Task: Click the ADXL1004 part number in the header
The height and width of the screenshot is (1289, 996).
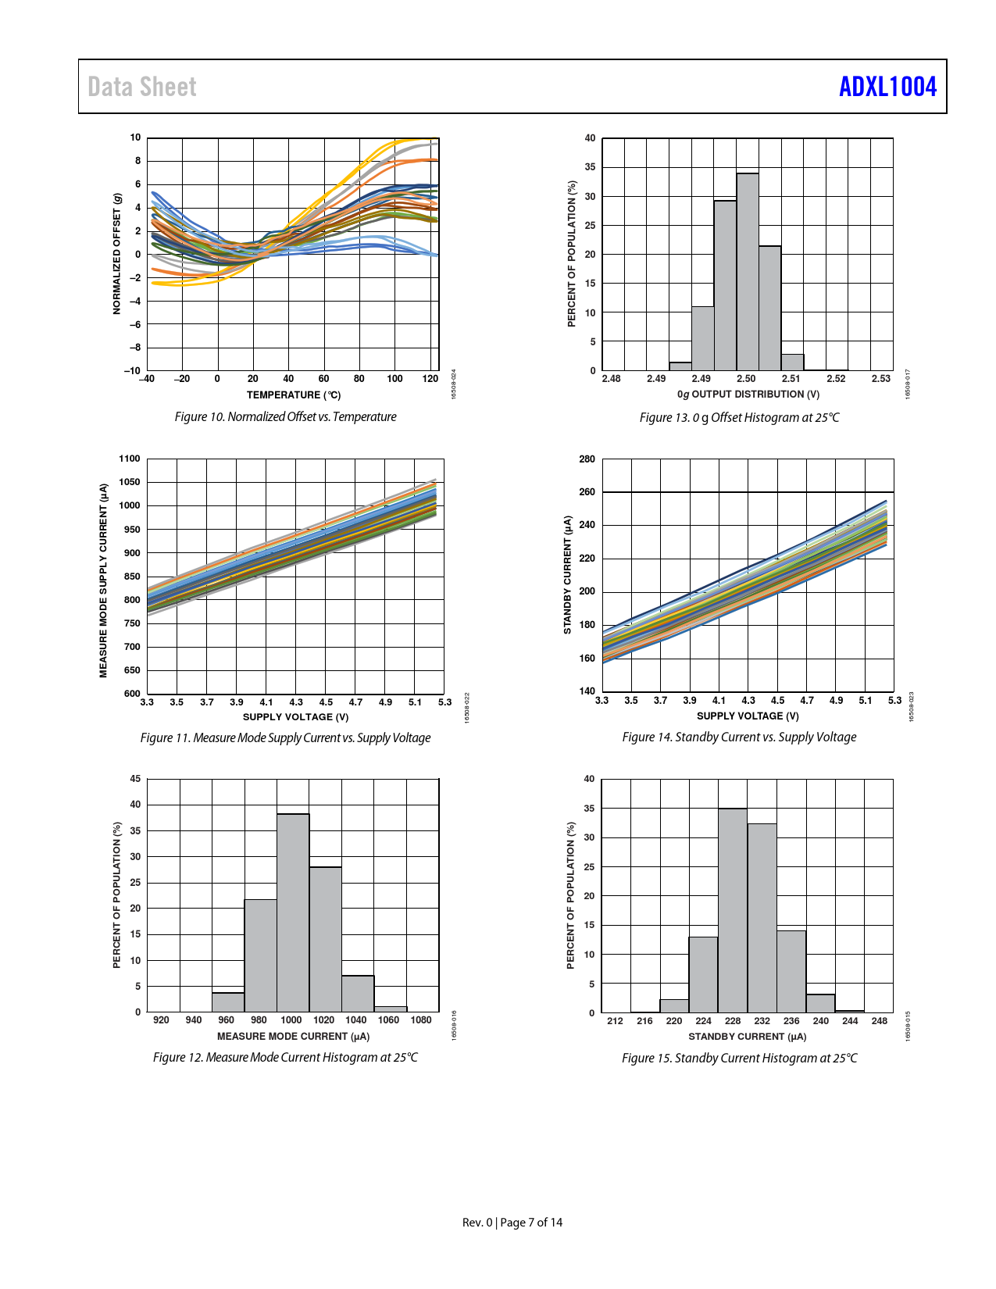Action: pyautogui.click(x=887, y=87)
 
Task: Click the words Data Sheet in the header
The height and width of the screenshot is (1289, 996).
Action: pyautogui.click(x=142, y=87)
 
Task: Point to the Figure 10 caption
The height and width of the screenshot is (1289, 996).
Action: pyautogui.click(x=285, y=417)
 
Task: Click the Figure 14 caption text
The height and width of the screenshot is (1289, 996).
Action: pyautogui.click(x=739, y=737)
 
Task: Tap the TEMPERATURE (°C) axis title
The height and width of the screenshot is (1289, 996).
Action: pyautogui.click(x=294, y=395)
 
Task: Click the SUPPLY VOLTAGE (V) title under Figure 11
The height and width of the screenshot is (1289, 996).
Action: pyautogui.click(x=295, y=717)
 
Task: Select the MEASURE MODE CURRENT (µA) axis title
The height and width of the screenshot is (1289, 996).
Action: pyautogui.click(x=293, y=1037)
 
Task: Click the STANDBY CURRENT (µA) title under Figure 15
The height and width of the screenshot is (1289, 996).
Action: pyautogui.click(x=747, y=1037)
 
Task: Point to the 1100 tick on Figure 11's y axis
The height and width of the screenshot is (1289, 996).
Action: pyautogui.click(x=130, y=459)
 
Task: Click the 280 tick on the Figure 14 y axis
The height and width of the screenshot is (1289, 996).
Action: pyautogui.click(x=587, y=459)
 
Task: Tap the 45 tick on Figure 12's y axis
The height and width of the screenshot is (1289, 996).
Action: pyautogui.click(x=135, y=779)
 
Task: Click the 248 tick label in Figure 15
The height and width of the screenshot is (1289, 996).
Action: pyautogui.click(x=880, y=1021)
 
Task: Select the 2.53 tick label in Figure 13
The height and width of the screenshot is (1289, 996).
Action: pyautogui.click(x=880, y=379)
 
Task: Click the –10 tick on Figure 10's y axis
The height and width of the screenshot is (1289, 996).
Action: pyautogui.click(x=132, y=371)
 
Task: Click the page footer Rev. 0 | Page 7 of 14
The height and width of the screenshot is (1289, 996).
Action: pyautogui.click(x=512, y=1223)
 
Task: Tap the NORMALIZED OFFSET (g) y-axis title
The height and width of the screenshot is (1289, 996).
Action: pyautogui.click(x=117, y=254)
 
